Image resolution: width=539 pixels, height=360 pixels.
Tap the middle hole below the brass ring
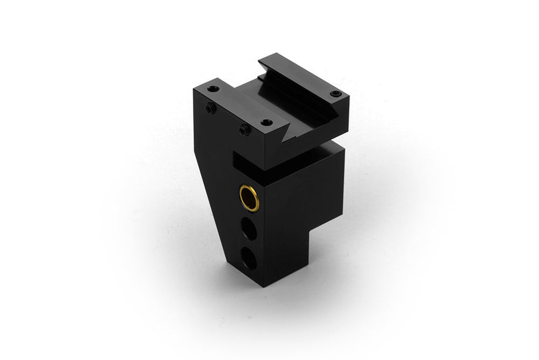tap(248, 229)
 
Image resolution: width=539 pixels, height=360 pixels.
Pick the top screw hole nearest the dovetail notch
tap(265, 122)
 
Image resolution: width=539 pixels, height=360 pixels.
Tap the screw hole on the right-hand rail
tap(335, 93)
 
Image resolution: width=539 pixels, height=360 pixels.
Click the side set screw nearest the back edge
tap(211, 108)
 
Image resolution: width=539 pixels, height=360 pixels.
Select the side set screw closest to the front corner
tap(244, 130)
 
